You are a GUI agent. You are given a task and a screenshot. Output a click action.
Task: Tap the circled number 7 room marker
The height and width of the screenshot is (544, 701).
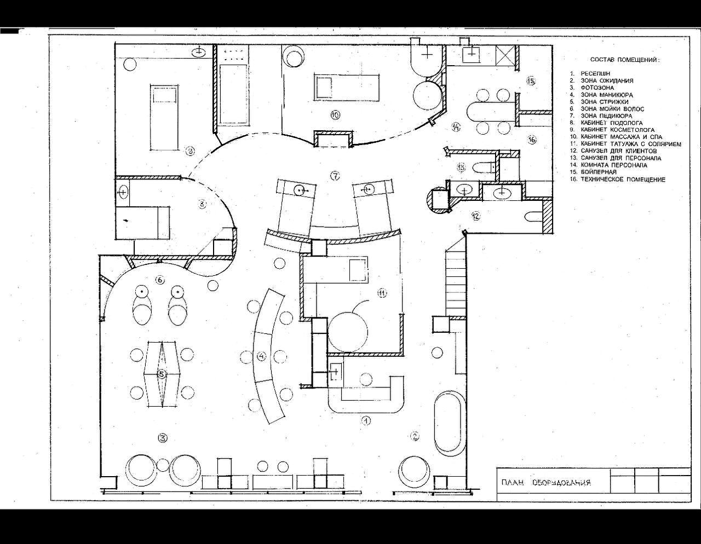coord(336,176)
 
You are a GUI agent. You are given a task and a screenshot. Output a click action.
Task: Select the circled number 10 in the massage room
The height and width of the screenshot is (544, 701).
coord(336,114)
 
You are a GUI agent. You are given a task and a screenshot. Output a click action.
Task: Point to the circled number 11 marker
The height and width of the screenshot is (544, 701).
coord(382,293)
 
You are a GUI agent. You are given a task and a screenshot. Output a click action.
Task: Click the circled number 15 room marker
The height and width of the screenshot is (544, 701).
coord(531,81)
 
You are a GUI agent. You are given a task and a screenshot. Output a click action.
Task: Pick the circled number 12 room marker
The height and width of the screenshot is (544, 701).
coord(475,216)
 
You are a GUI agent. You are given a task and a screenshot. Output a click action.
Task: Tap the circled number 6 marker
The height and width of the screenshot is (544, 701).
coord(160,280)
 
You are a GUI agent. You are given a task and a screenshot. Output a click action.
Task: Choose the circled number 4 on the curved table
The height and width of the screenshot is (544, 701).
coord(261,356)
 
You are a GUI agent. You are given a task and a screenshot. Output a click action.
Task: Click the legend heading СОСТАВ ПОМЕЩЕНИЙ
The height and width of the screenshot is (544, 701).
coord(624,60)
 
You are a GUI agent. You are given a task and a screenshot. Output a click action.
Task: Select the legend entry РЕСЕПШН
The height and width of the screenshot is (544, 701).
coord(595,73)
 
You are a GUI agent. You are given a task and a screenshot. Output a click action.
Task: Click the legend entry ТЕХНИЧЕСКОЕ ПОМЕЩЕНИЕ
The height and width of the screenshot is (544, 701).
coord(623,180)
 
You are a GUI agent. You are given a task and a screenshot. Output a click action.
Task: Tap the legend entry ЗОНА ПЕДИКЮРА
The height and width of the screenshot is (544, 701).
coord(606,115)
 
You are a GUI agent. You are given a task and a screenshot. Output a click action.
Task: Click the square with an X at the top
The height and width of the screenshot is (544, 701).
coord(505,54)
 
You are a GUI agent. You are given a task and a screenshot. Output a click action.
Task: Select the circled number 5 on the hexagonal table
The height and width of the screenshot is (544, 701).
coord(162,374)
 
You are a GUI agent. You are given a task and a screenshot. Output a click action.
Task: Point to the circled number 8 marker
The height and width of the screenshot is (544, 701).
coord(202,204)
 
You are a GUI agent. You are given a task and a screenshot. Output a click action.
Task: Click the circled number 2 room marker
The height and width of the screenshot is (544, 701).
coord(415,436)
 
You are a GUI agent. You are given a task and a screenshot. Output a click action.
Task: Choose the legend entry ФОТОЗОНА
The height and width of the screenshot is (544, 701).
coord(597,88)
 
